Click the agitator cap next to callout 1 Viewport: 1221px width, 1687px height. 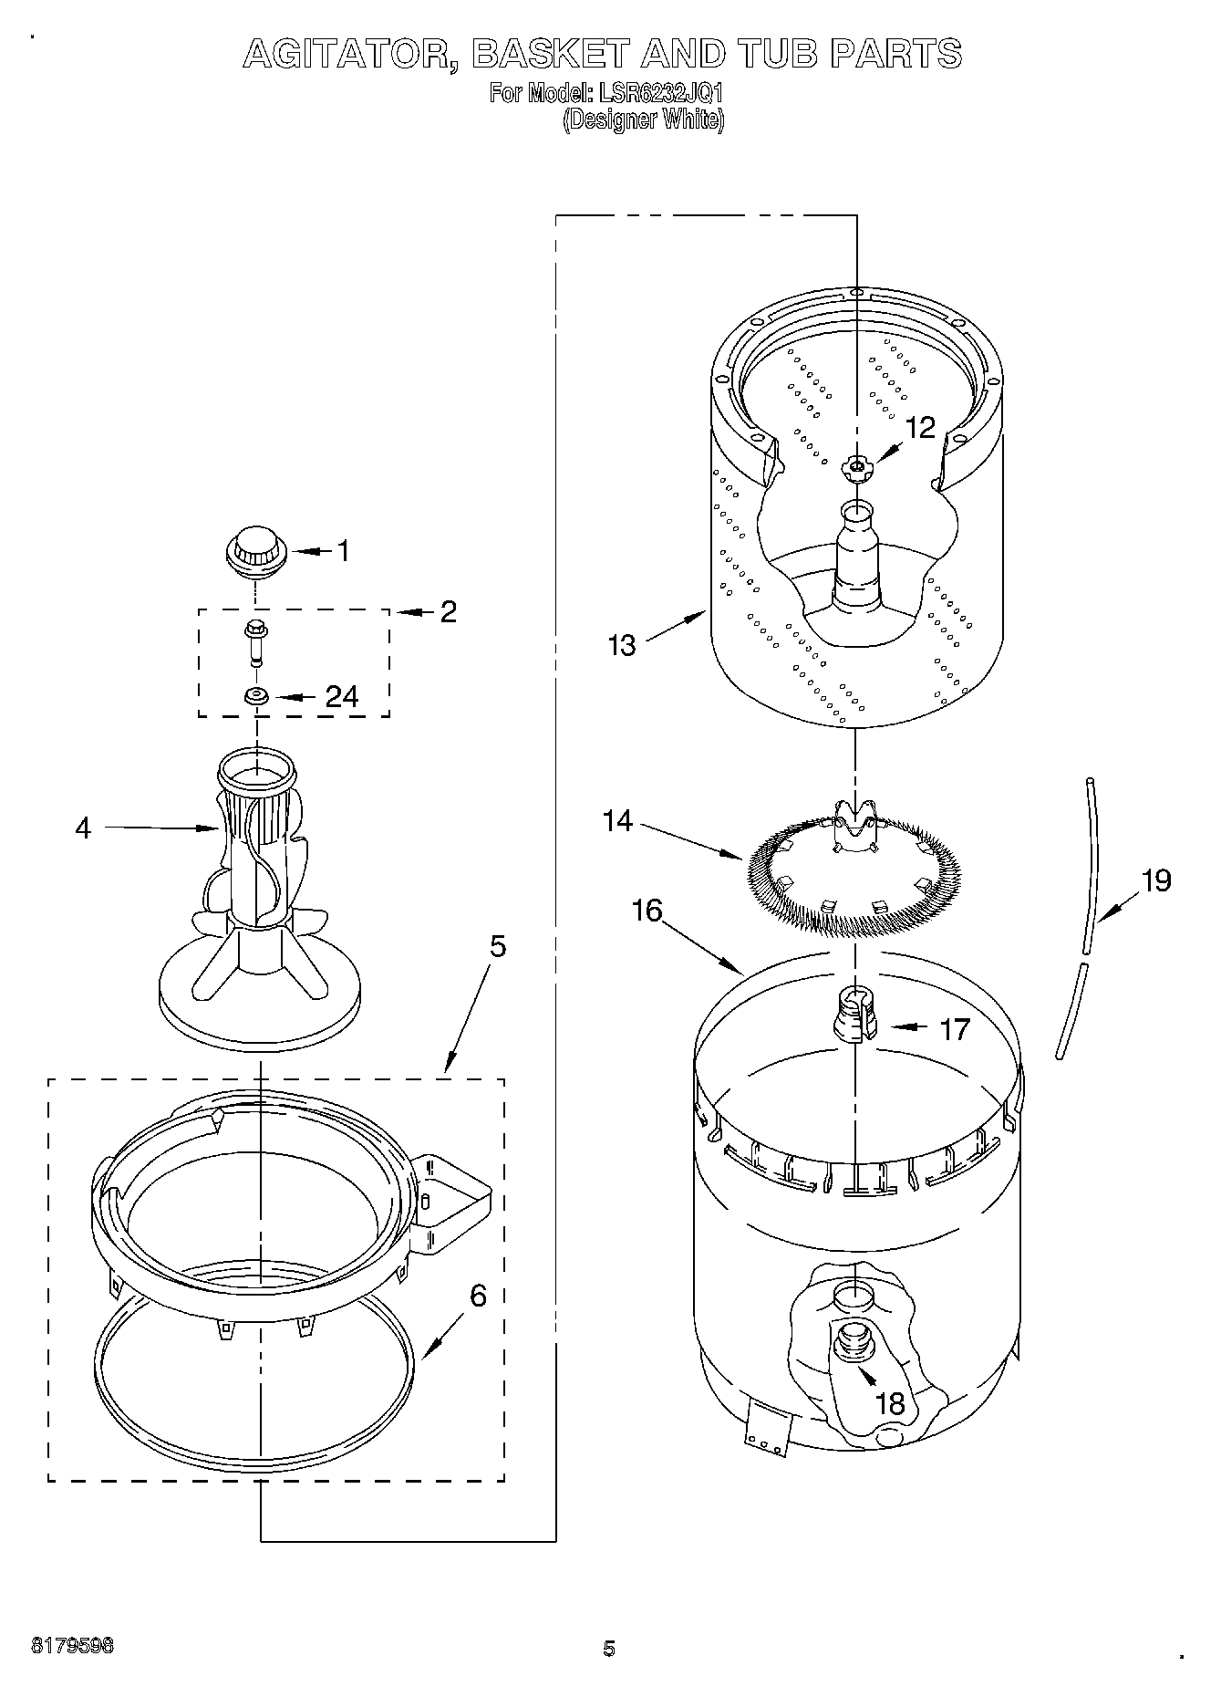pos(256,551)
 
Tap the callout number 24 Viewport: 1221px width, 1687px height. pos(342,696)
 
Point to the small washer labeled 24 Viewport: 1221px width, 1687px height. pos(255,697)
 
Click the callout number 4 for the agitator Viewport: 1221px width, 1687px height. pos(83,828)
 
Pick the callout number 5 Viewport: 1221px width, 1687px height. pos(497,947)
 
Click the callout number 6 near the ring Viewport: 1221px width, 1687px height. pos(478,1296)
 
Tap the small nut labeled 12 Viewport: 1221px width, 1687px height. pos(856,468)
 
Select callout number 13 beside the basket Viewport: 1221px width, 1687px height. pos(622,645)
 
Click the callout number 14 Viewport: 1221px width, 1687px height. pos(617,821)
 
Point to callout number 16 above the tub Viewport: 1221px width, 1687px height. pos(647,911)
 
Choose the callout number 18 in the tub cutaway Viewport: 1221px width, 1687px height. pos(889,1402)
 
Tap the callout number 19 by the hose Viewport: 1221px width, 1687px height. pos(1156,880)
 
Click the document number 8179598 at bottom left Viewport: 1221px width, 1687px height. pos(72,1646)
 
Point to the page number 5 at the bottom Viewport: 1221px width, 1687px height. pos(609,1648)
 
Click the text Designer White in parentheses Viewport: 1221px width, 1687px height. pos(644,120)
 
